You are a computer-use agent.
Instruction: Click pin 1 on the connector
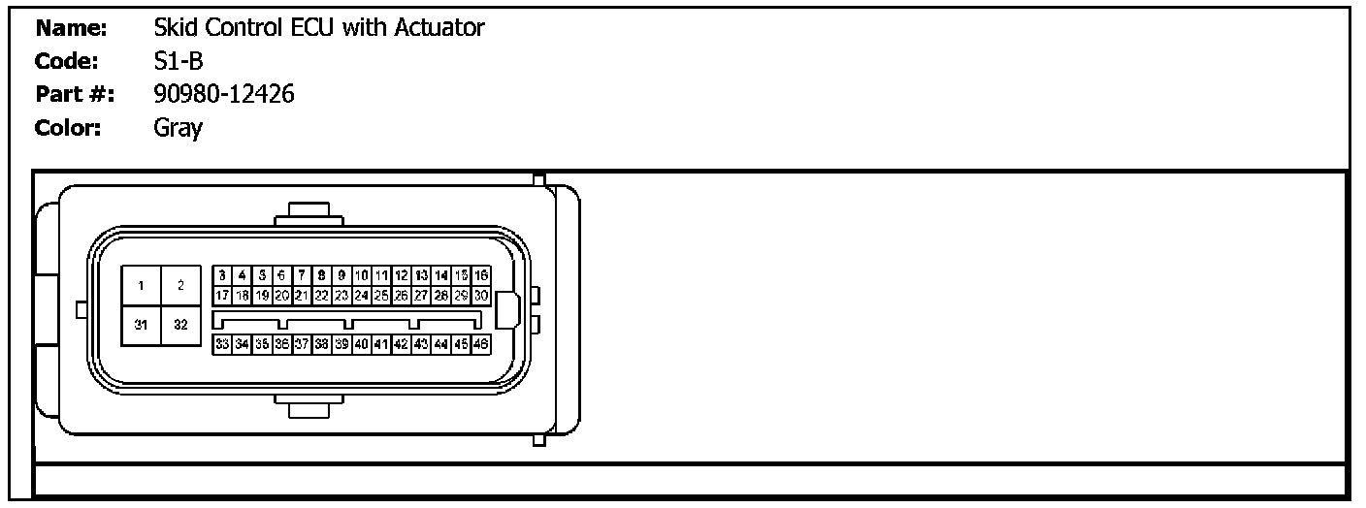142,285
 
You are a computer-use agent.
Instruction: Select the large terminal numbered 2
180,285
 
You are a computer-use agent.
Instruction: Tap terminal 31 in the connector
142,325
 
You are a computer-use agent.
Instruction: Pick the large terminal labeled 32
180,325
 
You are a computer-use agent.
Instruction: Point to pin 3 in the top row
222,275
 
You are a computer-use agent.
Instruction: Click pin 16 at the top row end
481,275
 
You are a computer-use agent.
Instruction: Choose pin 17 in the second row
222,294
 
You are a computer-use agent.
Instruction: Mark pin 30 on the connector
481,294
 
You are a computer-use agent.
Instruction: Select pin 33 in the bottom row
222,343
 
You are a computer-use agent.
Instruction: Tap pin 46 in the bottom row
481,343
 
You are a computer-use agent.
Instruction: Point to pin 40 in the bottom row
362,343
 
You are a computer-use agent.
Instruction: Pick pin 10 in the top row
362,275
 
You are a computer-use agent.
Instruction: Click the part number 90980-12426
224,94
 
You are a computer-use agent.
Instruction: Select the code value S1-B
179,61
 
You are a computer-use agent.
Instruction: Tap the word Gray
179,128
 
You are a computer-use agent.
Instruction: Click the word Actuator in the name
439,27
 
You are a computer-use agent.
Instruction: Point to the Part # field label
75,94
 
